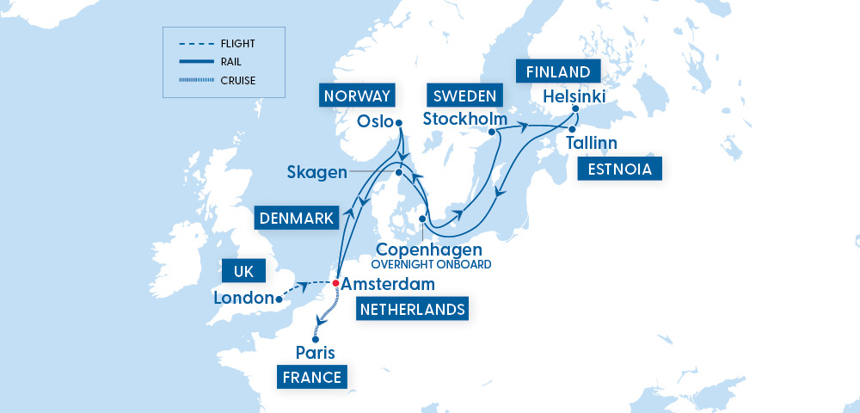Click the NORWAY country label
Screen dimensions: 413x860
pyautogui.click(x=357, y=96)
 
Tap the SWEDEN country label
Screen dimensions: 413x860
pyautogui.click(x=464, y=96)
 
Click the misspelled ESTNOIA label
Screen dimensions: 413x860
pyautogui.click(x=620, y=170)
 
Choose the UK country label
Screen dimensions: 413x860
pyautogui.click(x=244, y=272)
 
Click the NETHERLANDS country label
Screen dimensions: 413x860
pyautogui.click(x=413, y=308)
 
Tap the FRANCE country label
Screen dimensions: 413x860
pyautogui.click(x=310, y=376)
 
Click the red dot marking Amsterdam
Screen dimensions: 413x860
pyautogui.click(x=335, y=283)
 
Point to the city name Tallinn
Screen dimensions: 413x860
pyautogui.click(x=592, y=143)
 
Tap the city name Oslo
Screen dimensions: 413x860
pyautogui.click(x=375, y=122)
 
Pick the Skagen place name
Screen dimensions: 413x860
pyautogui.click(x=317, y=173)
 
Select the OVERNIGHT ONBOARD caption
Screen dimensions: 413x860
pyautogui.click(x=430, y=264)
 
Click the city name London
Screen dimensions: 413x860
pyautogui.click(x=244, y=299)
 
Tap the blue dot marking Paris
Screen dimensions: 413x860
pyautogui.click(x=316, y=339)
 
